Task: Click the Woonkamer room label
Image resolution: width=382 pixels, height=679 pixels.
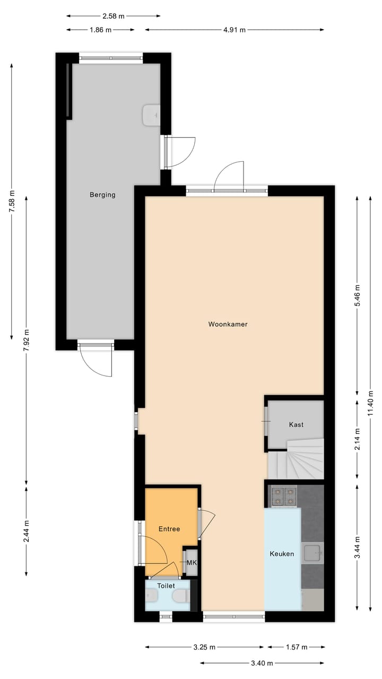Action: tap(228, 324)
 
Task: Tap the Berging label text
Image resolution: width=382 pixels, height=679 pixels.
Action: tap(102, 195)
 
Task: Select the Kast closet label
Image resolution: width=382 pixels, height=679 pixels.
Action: tap(296, 424)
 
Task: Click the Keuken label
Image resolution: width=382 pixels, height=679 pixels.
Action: tap(282, 554)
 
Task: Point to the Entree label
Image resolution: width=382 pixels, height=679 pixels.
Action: tap(169, 529)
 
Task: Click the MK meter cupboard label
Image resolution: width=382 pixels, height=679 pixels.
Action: tap(191, 563)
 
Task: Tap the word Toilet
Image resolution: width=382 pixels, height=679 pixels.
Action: tap(166, 586)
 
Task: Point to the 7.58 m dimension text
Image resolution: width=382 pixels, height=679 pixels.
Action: tap(12, 202)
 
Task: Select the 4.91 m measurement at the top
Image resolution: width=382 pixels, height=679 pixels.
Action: tap(234, 30)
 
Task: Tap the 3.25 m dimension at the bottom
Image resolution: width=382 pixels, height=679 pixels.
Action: tap(204, 647)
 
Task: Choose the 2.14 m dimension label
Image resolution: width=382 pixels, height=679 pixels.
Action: tap(357, 439)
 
